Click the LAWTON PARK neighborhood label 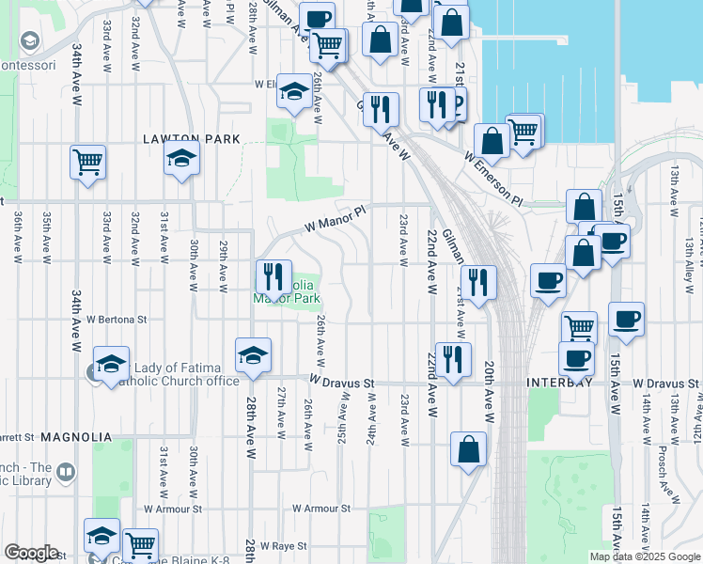click(x=191, y=139)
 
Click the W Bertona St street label click(x=117, y=320)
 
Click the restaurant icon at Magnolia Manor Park click(x=273, y=276)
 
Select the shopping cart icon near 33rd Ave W click(x=87, y=162)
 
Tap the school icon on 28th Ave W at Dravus click(x=254, y=354)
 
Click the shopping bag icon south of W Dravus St click(x=468, y=449)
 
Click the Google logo click(x=31, y=553)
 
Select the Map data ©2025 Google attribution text click(x=644, y=556)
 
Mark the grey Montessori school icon click(x=30, y=41)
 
